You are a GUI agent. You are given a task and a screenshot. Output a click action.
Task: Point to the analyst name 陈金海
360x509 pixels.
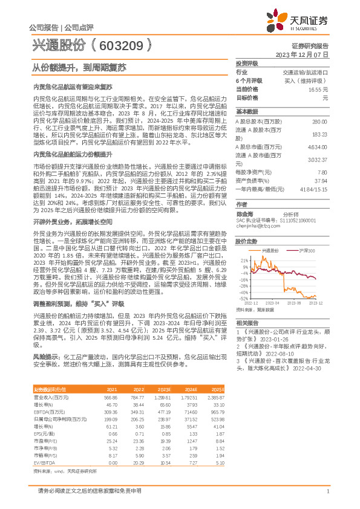tap(245, 197)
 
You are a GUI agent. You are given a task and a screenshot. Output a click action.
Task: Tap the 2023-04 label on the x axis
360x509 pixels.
tap(271, 303)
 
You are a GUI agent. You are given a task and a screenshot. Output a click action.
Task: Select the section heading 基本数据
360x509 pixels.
tap(247, 112)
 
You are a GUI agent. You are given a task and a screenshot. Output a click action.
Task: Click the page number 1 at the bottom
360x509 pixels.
tap(327, 491)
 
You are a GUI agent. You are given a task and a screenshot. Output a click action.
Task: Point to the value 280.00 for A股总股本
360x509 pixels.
tap(319, 122)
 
